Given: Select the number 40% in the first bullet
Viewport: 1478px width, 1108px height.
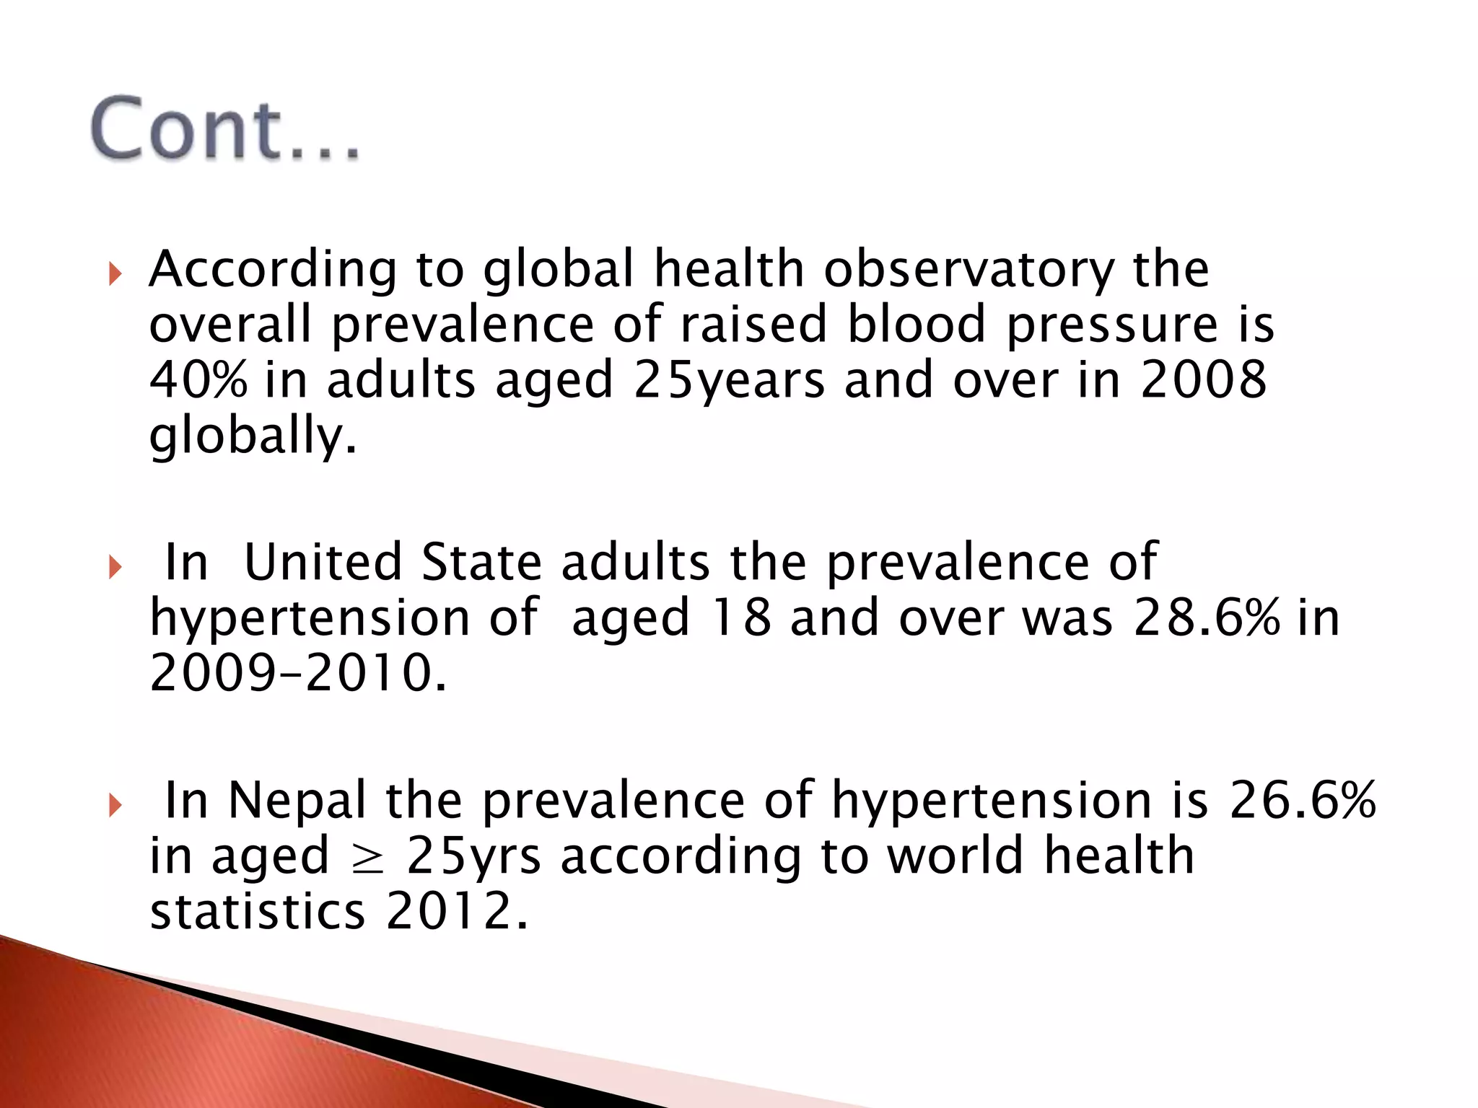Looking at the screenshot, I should [x=198, y=380].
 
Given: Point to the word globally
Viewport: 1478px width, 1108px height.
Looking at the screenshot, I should [x=253, y=436].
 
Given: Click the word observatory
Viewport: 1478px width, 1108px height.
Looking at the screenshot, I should [x=969, y=270].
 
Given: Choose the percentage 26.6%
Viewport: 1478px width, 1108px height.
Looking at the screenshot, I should [x=1303, y=801].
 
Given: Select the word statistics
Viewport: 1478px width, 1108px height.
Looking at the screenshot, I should [x=258, y=912].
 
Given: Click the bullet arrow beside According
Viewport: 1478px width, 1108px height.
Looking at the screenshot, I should [x=115, y=274].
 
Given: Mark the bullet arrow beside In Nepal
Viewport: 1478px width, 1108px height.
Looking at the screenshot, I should [x=115, y=805].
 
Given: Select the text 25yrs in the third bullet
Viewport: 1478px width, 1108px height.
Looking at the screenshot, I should [x=473, y=857].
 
